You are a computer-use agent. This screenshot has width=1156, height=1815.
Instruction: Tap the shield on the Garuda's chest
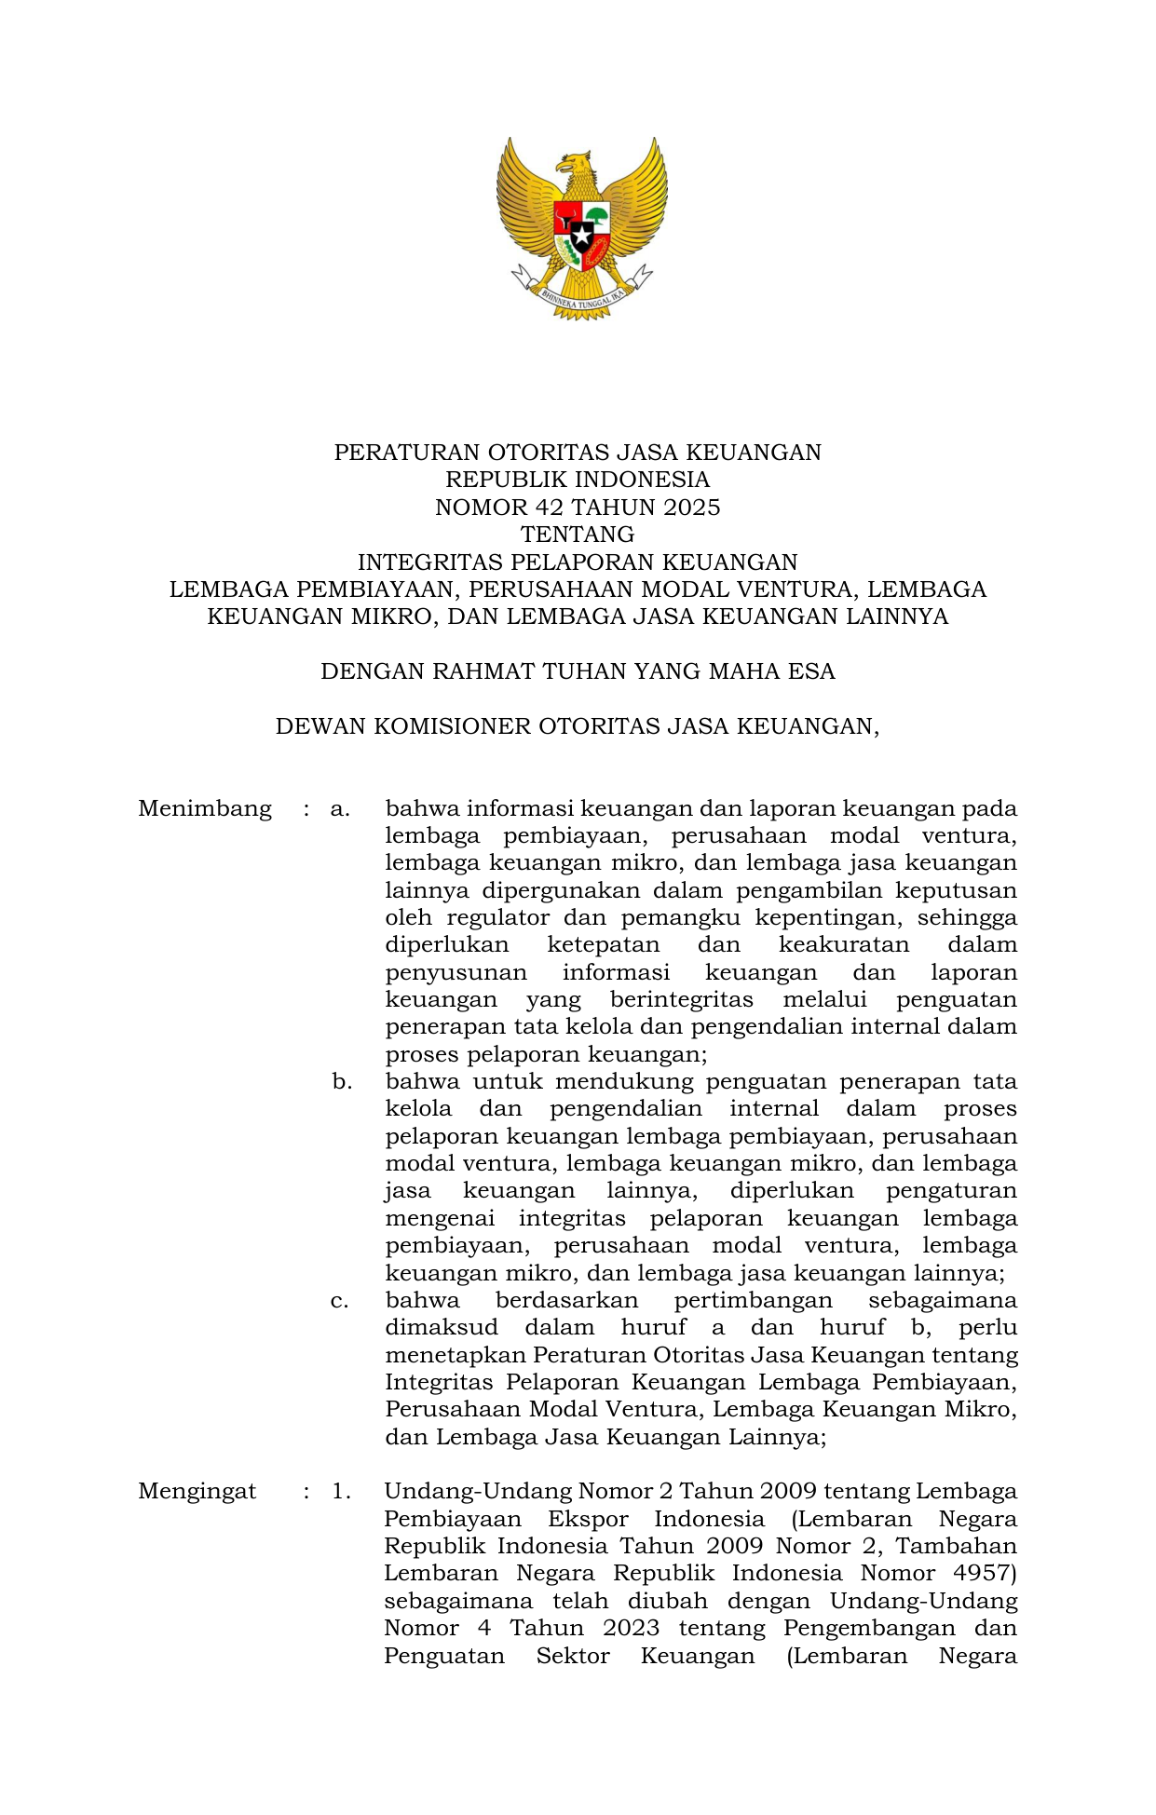pyautogui.click(x=581, y=233)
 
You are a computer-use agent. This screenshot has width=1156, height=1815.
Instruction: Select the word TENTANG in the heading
pyautogui.click(x=578, y=535)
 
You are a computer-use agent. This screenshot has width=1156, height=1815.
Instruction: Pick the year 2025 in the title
pyautogui.click(x=691, y=508)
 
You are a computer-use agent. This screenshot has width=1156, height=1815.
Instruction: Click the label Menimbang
pyautogui.click(x=205, y=808)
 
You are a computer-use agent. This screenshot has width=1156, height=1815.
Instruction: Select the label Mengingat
pyautogui.click(x=197, y=1491)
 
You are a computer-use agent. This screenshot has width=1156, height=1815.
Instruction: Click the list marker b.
pyautogui.click(x=342, y=1082)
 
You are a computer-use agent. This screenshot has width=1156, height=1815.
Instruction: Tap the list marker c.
pyautogui.click(x=340, y=1300)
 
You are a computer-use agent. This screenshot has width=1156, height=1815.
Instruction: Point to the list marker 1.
pyautogui.click(x=341, y=1491)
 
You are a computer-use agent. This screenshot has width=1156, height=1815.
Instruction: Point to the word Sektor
pyautogui.click(x=572, y=1656)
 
